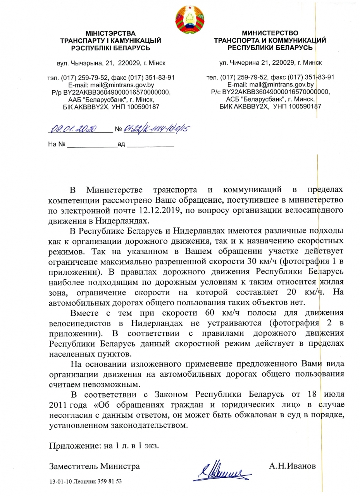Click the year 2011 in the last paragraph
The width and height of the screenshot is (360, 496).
pos(59,405)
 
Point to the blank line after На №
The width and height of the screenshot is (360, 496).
pos(92,146)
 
